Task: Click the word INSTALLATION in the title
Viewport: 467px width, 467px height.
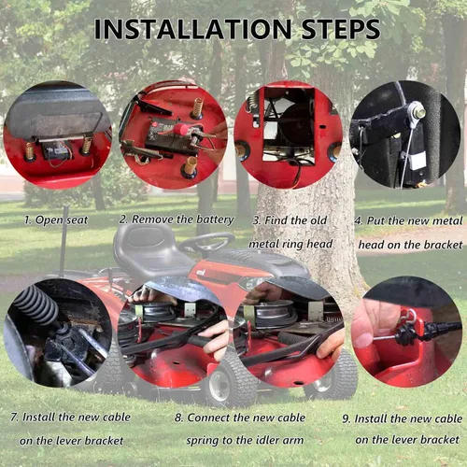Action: coord(192,29)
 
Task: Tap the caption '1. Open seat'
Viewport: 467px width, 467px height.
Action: coord(56,220)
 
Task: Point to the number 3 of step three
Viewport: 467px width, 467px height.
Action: coord(256,220)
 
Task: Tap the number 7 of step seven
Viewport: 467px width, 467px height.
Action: coord(14,417)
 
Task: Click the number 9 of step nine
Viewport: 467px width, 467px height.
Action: coord(347,418)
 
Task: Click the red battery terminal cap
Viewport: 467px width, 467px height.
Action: coord(181,127)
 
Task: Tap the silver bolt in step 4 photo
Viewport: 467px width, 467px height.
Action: coord(417,113)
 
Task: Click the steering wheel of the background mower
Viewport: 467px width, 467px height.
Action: coord(206,241)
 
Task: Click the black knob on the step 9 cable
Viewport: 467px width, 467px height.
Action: coord(406,335)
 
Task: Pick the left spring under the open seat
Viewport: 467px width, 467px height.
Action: coord(30,150)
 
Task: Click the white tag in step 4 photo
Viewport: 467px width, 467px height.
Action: coord(417,161)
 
